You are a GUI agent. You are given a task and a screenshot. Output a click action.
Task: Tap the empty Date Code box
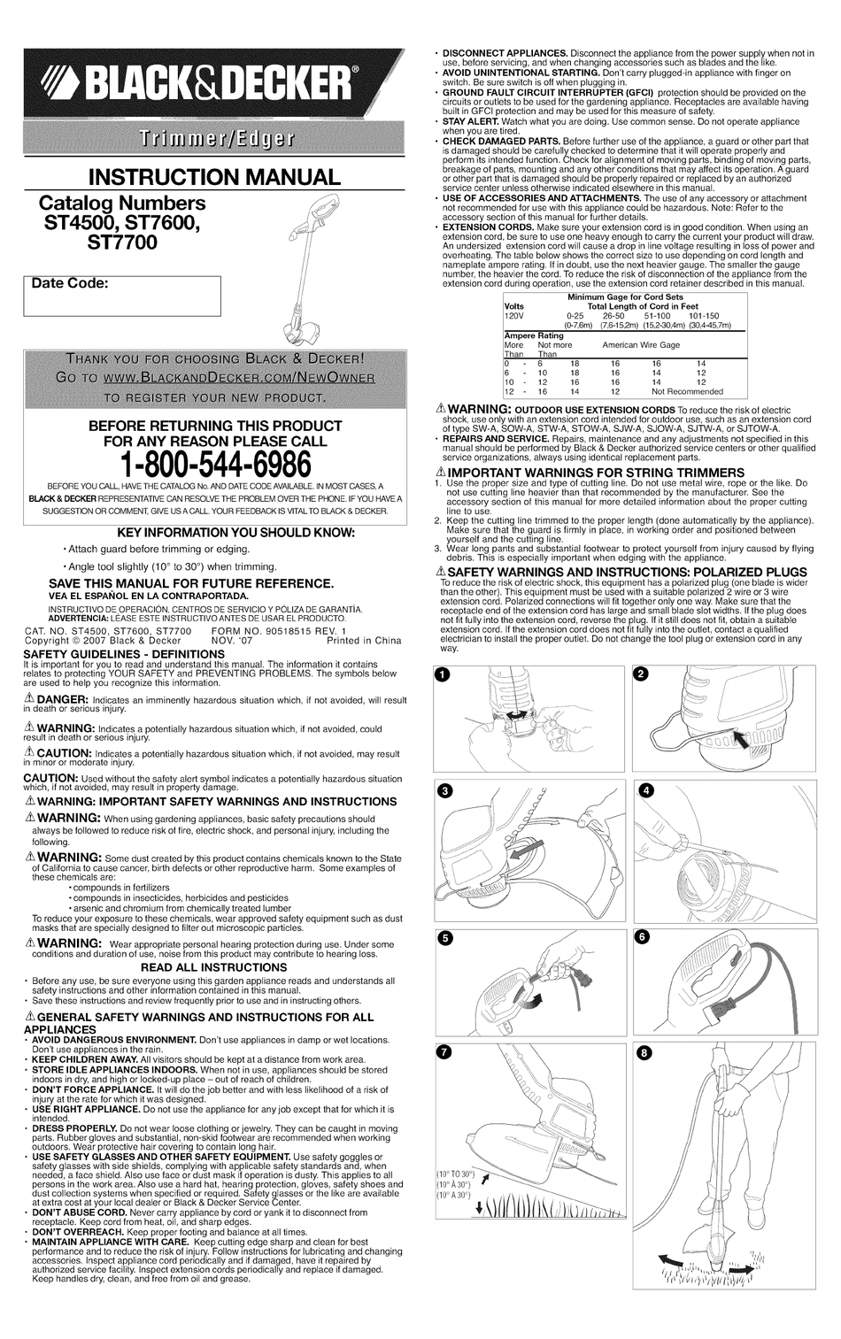point(122,302)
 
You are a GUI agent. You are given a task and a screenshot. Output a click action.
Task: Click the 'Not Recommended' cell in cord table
point(687,391)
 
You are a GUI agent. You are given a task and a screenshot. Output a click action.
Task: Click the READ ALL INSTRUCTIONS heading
point(213,967)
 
